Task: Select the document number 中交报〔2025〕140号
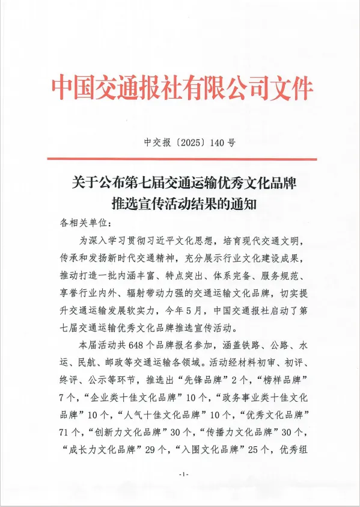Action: pos(182,143)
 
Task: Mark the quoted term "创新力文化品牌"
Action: pos(127,432)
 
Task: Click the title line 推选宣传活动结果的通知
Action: pos(182,203)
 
